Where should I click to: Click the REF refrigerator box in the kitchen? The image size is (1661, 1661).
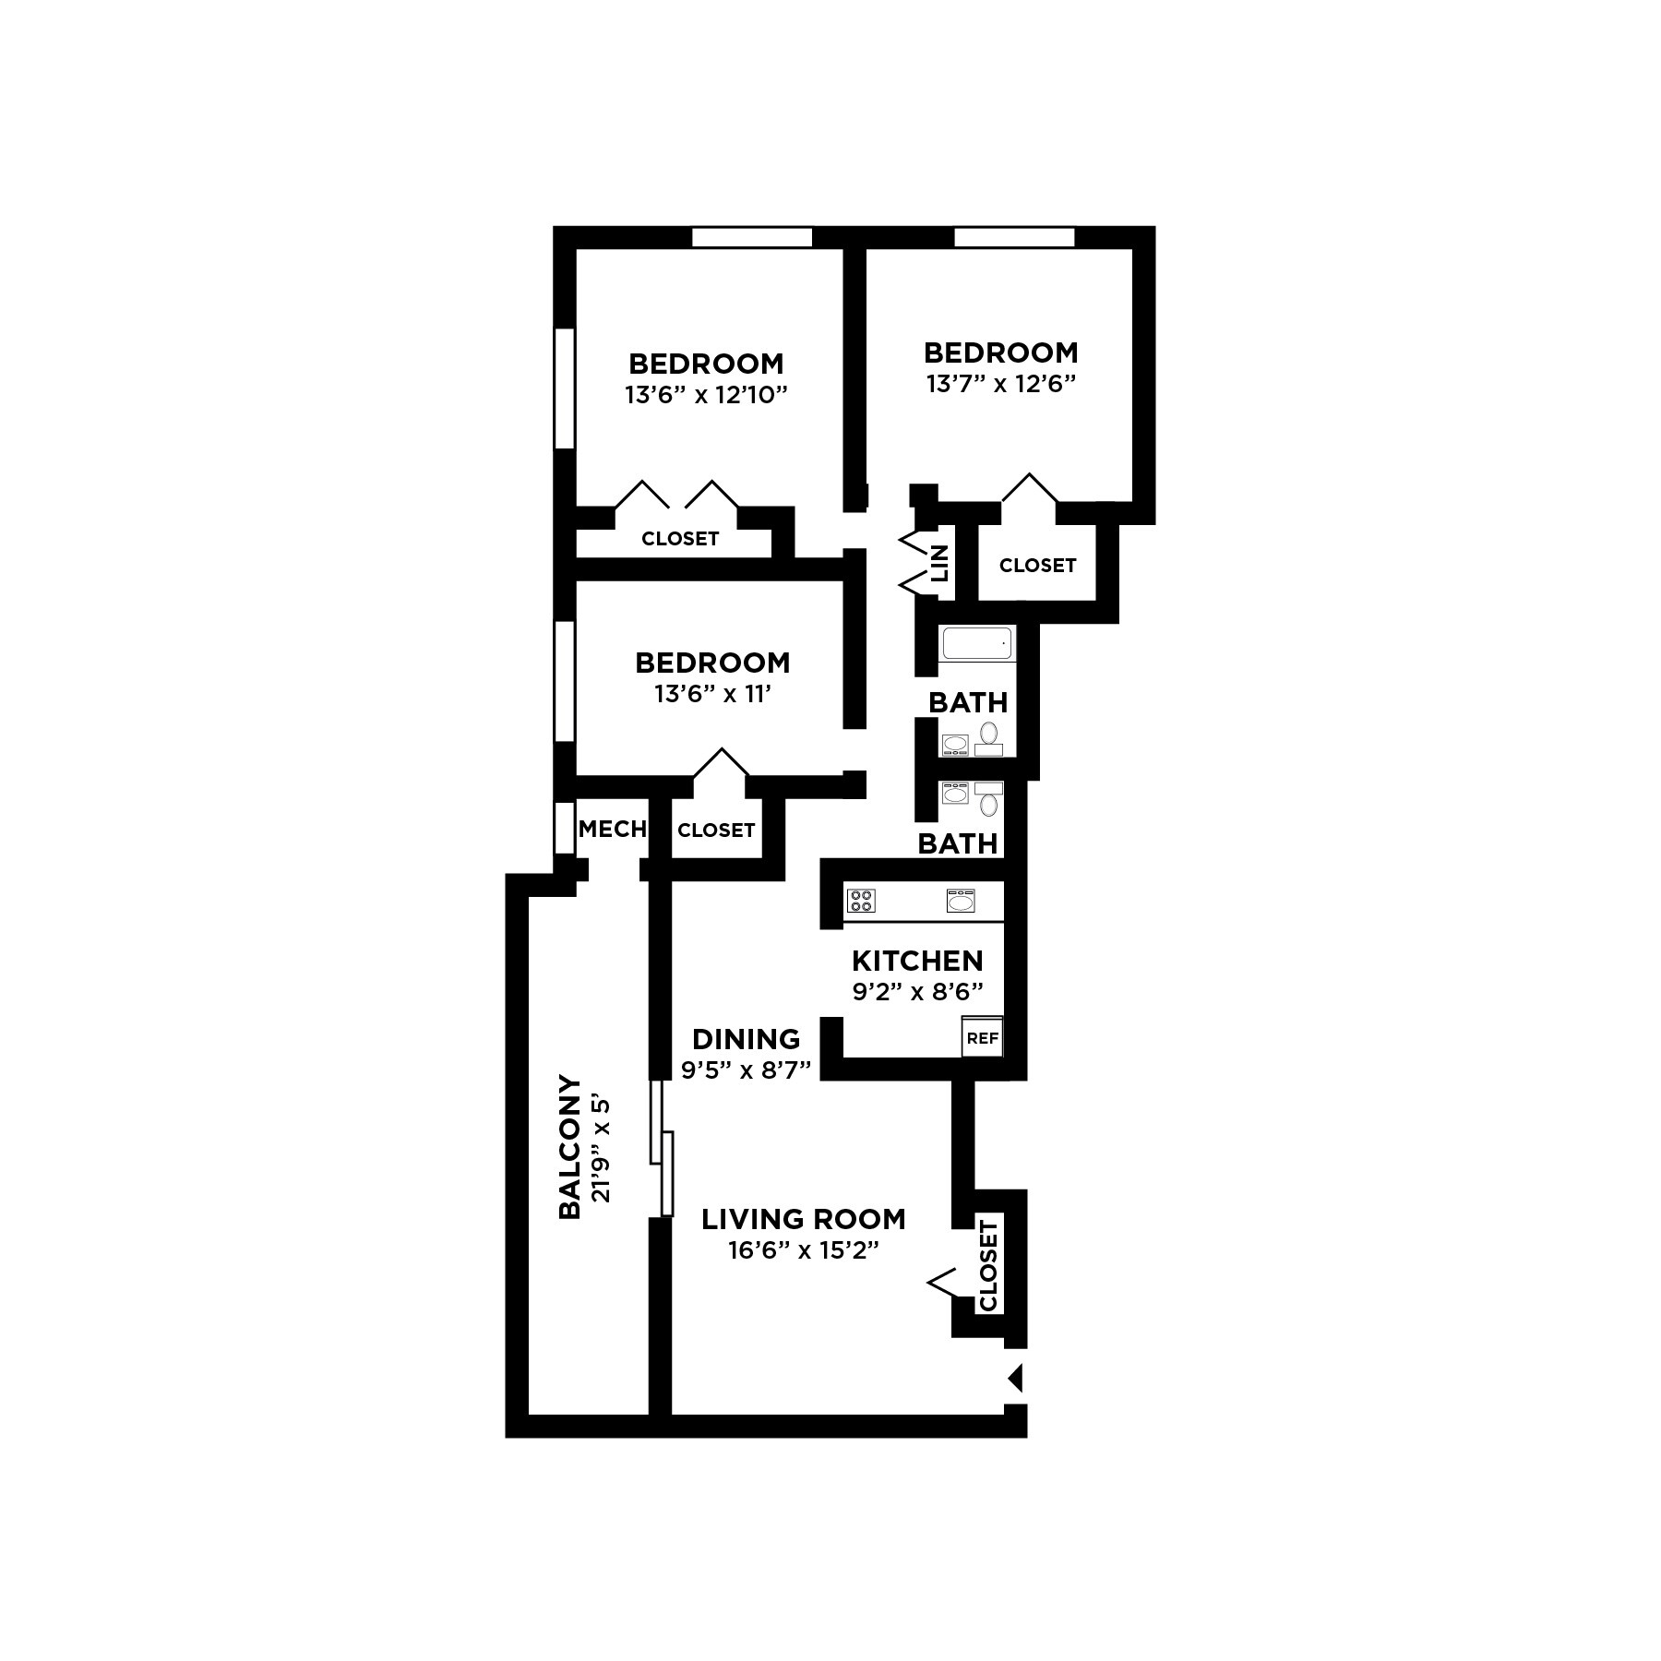click(x=982, y=1038)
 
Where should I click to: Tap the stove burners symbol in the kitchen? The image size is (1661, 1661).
click(x=861, y=900)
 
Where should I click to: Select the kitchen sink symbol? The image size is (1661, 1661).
click(x=961, y=900)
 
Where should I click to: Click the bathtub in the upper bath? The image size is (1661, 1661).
click(x=978, y=642)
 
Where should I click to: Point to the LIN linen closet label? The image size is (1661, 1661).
click(x=940, y=562)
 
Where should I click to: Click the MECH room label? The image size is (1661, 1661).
click(x=612, y=829)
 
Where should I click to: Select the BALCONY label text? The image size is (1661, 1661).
click(x=570, y=1147)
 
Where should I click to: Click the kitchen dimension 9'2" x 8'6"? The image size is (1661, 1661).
click(x=917, y=992)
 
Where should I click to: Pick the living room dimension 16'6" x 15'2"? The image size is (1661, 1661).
click(x=803, y=1251)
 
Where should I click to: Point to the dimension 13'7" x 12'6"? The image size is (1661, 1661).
click(x=1002, y=384)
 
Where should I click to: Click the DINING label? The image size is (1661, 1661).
click(x=746, y=1039)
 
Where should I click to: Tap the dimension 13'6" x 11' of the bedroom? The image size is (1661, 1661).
click(x=712, y=694)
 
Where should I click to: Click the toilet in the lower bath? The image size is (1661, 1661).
click(x=989, y=804)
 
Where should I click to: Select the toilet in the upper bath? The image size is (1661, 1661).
click(x=989, y=734)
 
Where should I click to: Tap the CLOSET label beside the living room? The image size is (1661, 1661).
click(x=988, y=1265)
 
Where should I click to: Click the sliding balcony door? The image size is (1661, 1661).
click(x=663, y=1148)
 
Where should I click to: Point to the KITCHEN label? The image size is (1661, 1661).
click(x=917, y=961)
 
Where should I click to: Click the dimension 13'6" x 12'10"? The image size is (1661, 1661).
click(x=706, y=395)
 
